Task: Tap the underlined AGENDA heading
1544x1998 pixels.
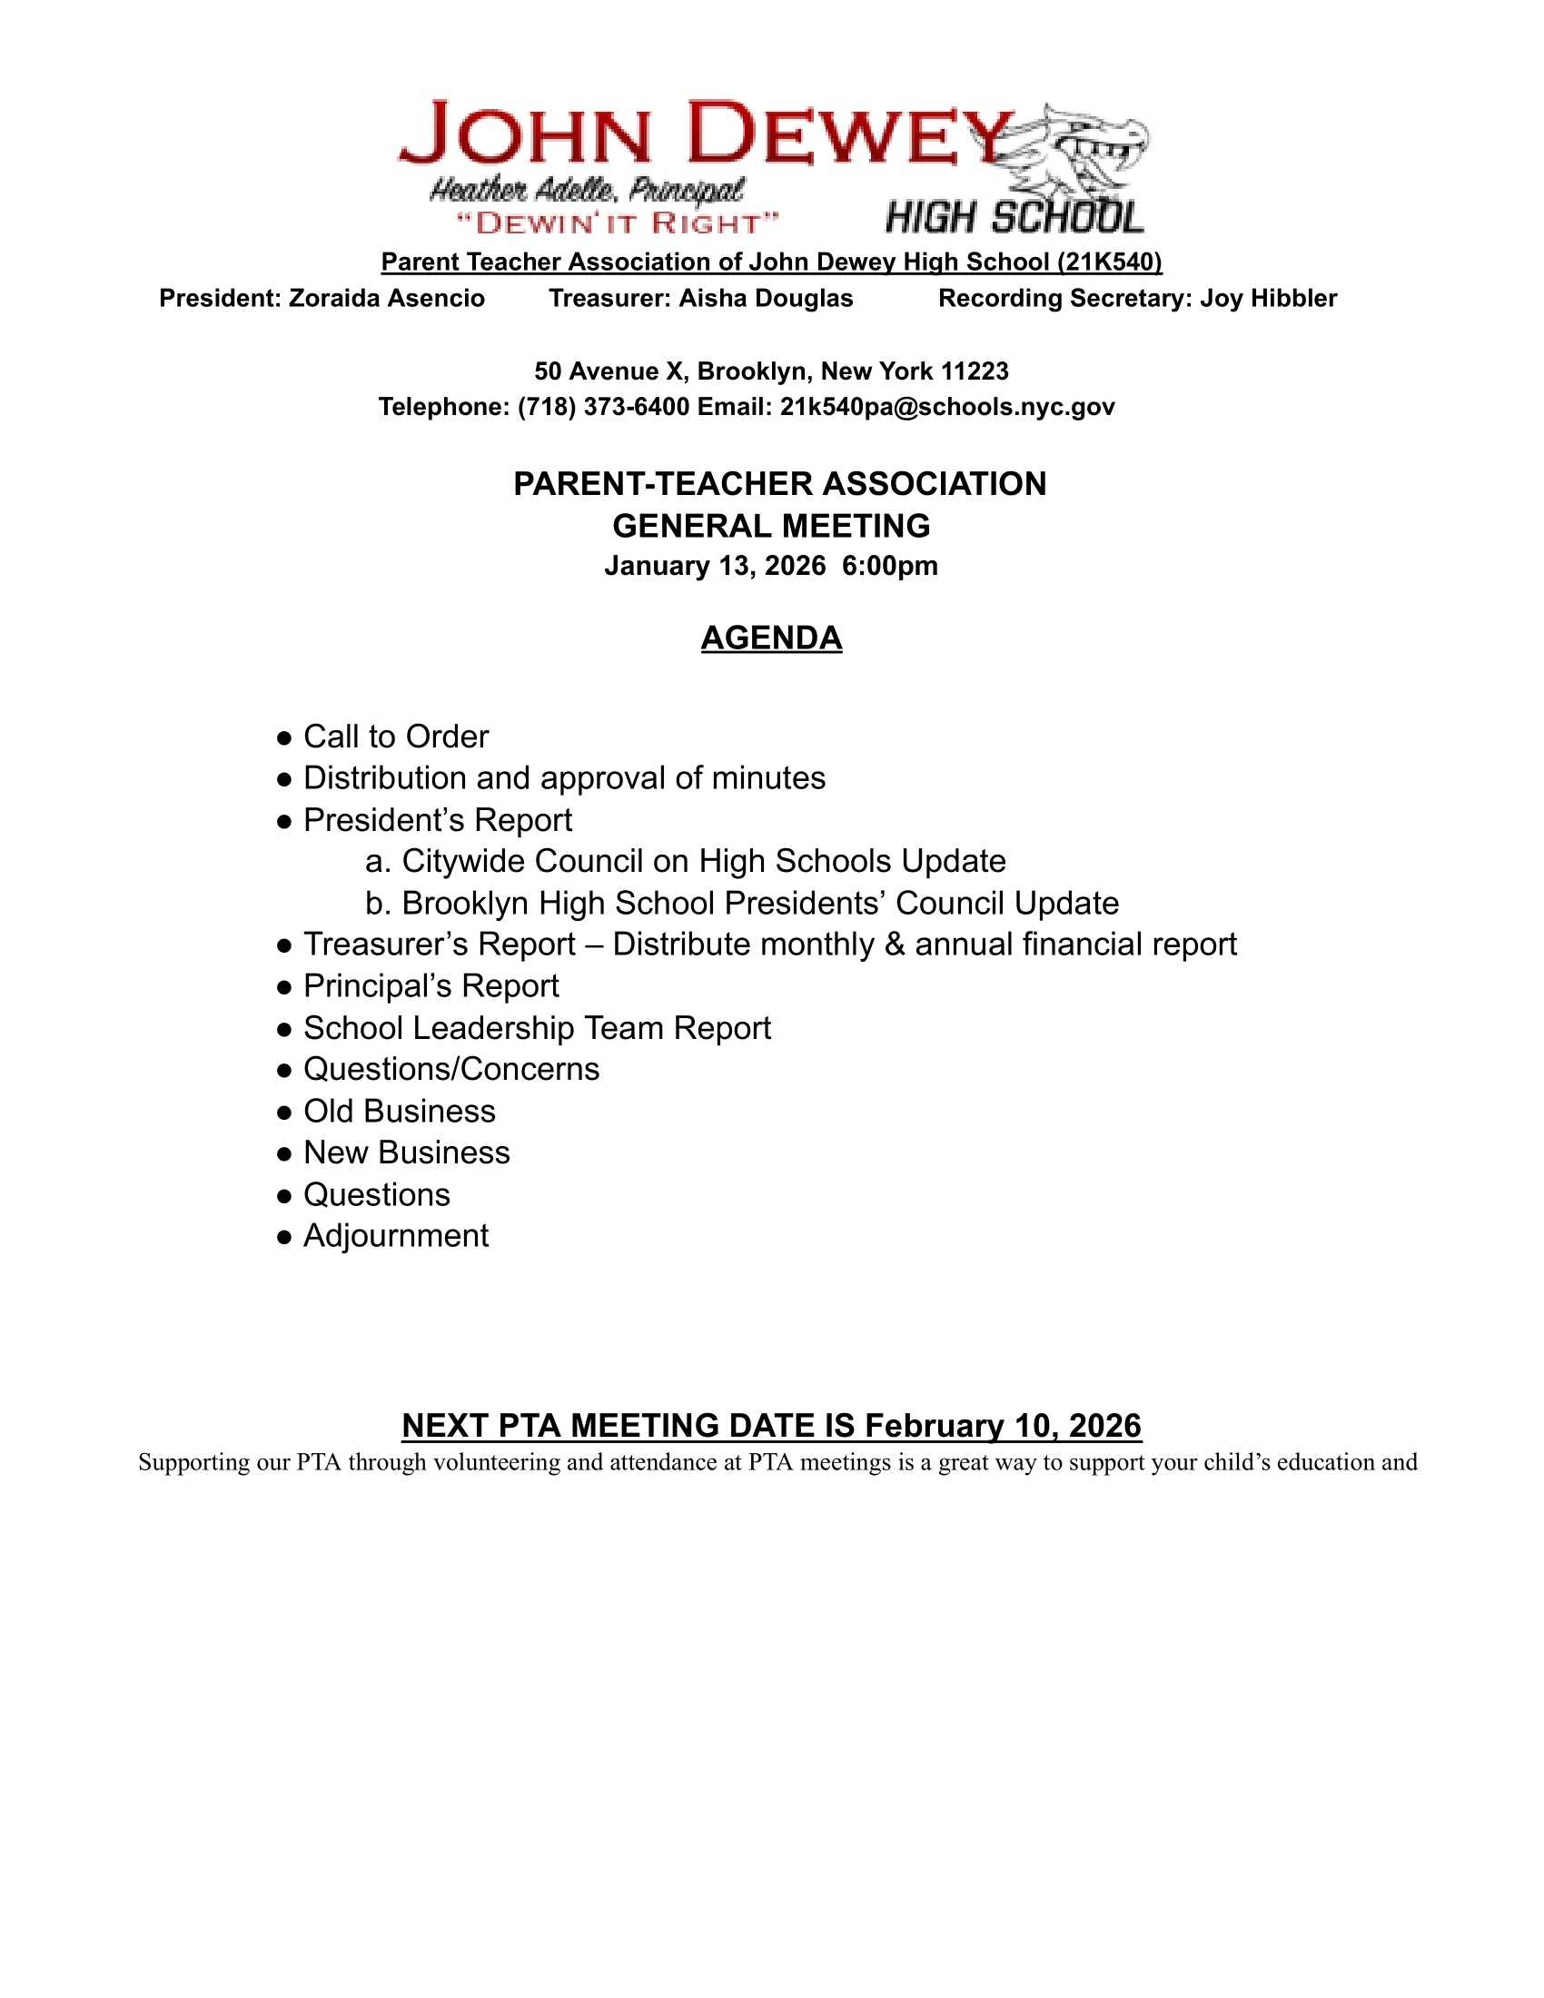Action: coord(771,638)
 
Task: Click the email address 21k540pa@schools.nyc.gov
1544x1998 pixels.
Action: coord(946,407)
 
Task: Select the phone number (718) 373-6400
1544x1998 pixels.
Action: coord(603,407)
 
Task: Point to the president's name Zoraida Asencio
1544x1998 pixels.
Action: coord(386,298)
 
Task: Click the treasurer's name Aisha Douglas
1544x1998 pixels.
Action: coord(766,298)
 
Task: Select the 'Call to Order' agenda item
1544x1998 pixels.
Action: coord(395,737)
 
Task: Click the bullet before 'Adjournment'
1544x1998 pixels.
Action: coord(284,1237)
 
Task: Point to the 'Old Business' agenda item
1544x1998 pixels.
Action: coord(399,1111)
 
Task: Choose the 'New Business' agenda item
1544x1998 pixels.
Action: coord(406,1152)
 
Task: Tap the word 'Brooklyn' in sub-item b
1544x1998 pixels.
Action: coord(465,903)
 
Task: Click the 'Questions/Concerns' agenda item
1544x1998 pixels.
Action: coord(451,1069)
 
